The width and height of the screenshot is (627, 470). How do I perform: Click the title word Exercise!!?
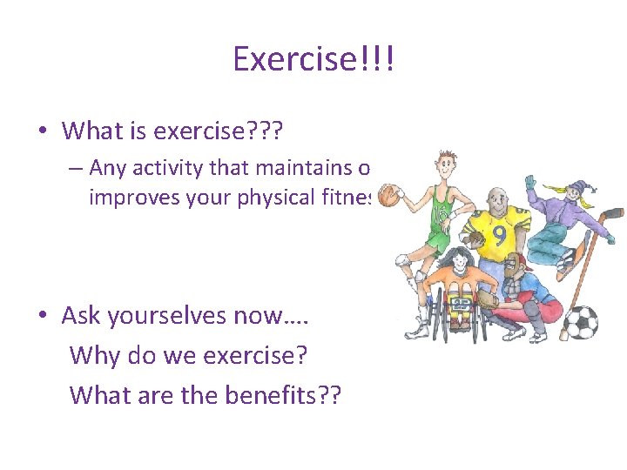tap(313, 59)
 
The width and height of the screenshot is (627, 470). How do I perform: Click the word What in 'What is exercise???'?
tap(93, 131)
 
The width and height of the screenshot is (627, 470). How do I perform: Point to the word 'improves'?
tap(131, 198)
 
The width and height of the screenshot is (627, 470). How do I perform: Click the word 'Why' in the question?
tap(93, 355)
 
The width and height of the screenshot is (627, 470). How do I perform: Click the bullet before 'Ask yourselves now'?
tap(43, 316)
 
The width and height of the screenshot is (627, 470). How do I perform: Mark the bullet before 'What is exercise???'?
tap(43, 131)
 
